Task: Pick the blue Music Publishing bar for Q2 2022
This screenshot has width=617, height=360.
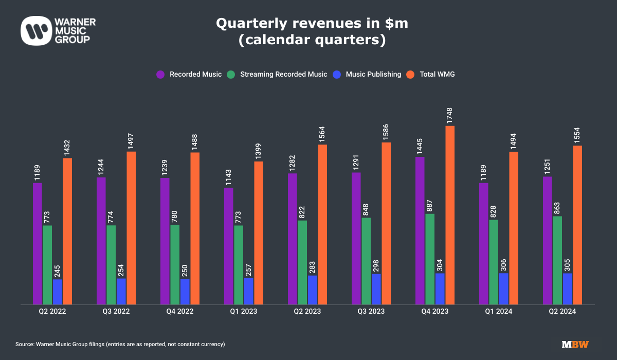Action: click(58, 292)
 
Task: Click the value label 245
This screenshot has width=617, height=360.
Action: click(58, 268)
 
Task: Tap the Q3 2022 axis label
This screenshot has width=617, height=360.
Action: click(116, 312)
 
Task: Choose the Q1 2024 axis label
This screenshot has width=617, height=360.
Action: click(499, 312)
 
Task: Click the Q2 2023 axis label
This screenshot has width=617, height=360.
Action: click(307, 312)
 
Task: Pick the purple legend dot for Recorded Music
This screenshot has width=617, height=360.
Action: click(160, 75)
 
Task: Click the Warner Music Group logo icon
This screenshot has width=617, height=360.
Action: click(34, 30)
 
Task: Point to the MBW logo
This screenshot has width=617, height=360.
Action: click(575, 344)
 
